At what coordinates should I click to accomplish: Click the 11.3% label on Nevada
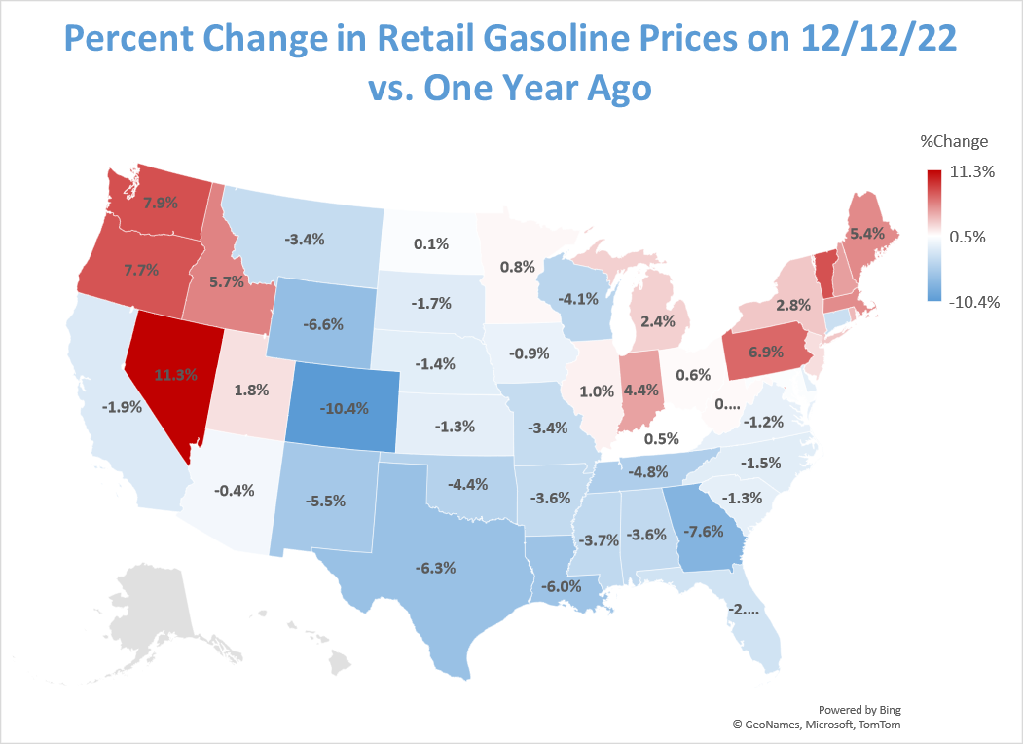pos(176,373)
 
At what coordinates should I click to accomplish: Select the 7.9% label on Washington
pos(161,204)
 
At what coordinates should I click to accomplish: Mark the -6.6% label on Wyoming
pos(323,324)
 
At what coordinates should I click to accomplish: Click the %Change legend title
pos(954,141)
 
